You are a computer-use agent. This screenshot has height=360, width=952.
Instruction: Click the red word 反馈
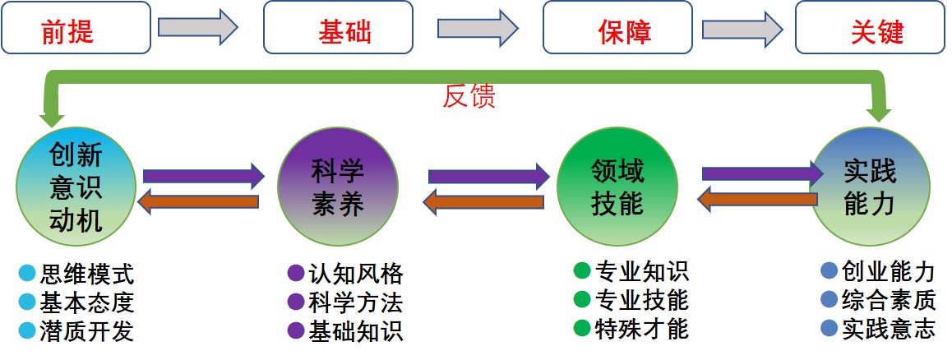469,96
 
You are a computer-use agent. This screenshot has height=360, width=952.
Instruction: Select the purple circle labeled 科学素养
337,187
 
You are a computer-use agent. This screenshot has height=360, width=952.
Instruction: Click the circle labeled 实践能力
870,187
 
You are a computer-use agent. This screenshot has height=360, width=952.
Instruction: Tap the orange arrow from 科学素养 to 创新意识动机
199,201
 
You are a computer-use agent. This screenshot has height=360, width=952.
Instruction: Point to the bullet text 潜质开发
86,330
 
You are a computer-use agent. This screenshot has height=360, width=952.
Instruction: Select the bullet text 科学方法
356,302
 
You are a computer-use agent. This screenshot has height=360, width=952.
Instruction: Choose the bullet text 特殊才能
642,328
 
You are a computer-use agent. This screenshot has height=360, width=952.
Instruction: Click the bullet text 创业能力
889,271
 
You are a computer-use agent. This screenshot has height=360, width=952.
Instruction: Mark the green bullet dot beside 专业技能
582,298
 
